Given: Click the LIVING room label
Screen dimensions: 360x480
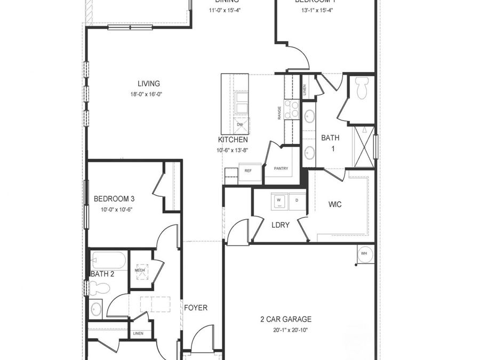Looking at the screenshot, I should pyautogui.click(x=149, y=84).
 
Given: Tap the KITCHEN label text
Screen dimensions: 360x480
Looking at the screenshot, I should pyautogui.click(x=233, y=140).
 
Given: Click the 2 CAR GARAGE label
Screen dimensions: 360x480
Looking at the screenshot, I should pyautogui.click(x=286, y=319).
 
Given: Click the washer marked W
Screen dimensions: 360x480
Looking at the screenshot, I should pyautogui.click(x=278, y=201).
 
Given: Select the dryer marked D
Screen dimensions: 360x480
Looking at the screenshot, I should pyautogui.click(x=297, y=201).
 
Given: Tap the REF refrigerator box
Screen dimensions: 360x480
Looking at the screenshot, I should pyautogui.click(x=248, y=171).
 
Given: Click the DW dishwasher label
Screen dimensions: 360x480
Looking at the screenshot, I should pyautogui.click(x=239, y=124).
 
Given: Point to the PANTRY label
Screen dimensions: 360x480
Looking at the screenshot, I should pyautogui.click(x=281, y=169).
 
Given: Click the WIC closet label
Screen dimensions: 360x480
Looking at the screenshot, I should pyautogui.click(x=335, y=204).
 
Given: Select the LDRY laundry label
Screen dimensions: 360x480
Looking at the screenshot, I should pyautogui.click(x=281, y=225).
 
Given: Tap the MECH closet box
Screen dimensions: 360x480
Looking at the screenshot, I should pyautogui.click(x=141, y=270).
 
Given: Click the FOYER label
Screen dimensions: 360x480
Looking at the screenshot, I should pyautogui.click(x=196, y=308).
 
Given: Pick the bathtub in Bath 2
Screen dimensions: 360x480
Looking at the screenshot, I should pyautogui.click(x=109, y=261).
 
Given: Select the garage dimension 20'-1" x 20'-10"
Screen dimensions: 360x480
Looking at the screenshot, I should pyautogui.click(x=286, y=330).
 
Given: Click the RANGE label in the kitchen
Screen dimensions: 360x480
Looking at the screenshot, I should pyautogui.click(x=279, y=113).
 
